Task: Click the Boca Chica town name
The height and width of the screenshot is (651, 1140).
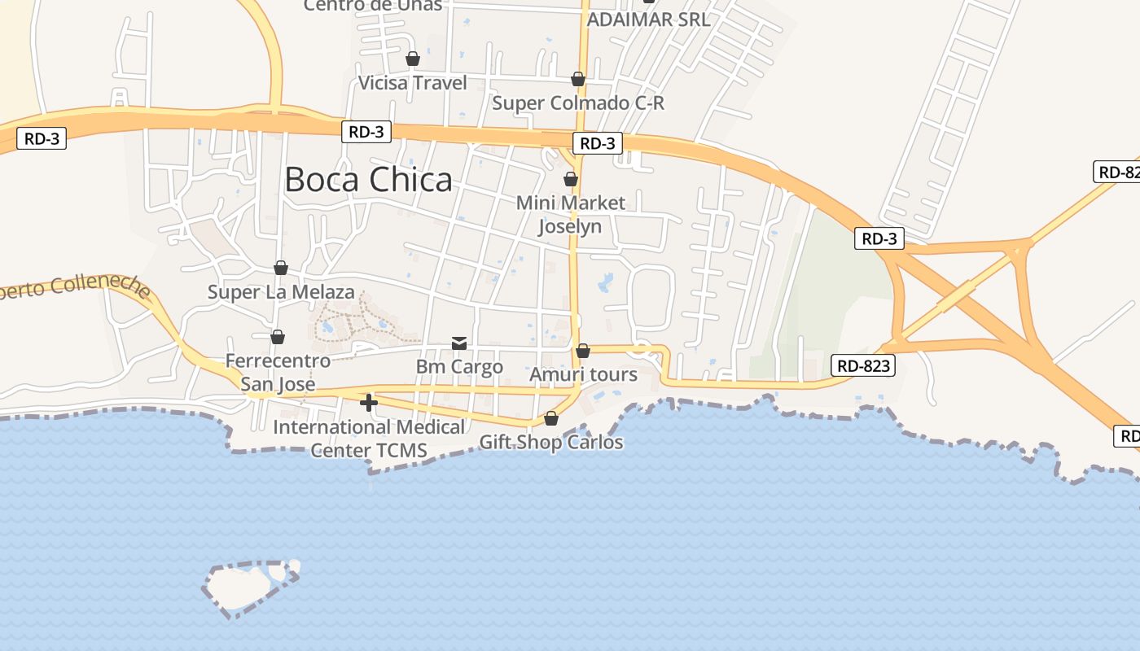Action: tap(368, 180)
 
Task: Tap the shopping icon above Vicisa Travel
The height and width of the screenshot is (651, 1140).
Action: tap(413, 59)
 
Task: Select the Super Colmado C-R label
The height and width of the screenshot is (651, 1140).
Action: tap(578, 103)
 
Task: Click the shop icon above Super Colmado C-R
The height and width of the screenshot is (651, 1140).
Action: tap(577, 79)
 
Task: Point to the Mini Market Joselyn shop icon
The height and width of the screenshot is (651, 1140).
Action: tap(571, 179)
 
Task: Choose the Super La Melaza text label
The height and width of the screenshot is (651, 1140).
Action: tap(281, 292)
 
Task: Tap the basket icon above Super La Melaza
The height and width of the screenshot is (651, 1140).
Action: tap(281, 268)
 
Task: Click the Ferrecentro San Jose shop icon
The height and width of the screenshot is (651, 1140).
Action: tap(278, 337)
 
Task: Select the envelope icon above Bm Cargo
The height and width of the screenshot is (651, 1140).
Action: tap(459, 343)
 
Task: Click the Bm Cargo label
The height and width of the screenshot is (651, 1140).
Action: tap(459, 367)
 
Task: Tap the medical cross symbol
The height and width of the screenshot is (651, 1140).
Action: tap(369, 402)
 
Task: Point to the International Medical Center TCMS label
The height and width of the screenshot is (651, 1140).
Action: tap(369, 438)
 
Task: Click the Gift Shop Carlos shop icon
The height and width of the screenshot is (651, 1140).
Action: tap(551, 418)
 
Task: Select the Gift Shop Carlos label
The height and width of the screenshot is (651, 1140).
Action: tap(551, 443)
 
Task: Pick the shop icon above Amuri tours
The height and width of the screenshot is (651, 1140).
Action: tap(583, 351)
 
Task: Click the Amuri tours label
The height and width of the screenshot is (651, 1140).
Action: tap(583, 375)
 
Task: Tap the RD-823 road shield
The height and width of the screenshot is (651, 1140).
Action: tap(863, 366)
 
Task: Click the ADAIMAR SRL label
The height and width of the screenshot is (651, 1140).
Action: tap(648, 20)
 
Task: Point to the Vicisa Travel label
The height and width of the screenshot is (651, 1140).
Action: tap(413, 83)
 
